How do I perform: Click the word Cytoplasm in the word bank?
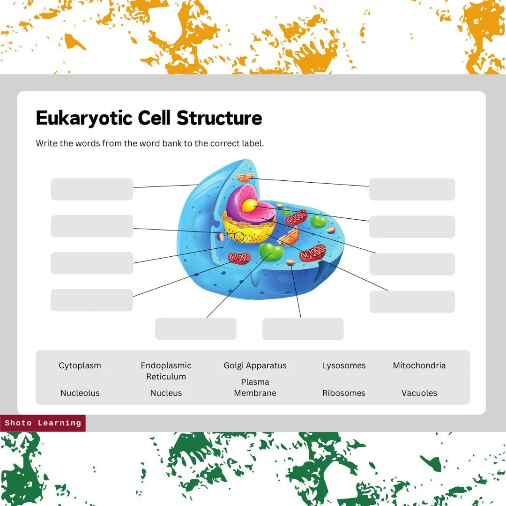pos(80,365)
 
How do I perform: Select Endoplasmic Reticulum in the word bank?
pos(166,371)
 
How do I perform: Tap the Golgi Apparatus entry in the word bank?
pos(255,365)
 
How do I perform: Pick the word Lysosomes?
pos(343,365)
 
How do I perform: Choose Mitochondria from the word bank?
pos(419,365)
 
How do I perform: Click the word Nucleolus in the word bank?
pos(80,393)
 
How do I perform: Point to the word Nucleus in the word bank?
pos(166,393)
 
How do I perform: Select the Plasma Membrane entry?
pos(255,387)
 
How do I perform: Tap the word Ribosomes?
pos(343,393)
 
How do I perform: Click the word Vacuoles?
pos(419,393)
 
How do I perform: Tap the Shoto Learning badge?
pos(43,423)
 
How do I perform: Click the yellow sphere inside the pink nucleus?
pos(249,205)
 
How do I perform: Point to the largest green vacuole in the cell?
pos(271,252)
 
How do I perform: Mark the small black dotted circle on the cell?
pos(239,236)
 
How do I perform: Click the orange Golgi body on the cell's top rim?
pos(245,178)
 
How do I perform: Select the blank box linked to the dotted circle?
pos(92,226)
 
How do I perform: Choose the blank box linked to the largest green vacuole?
pos(195,328)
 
